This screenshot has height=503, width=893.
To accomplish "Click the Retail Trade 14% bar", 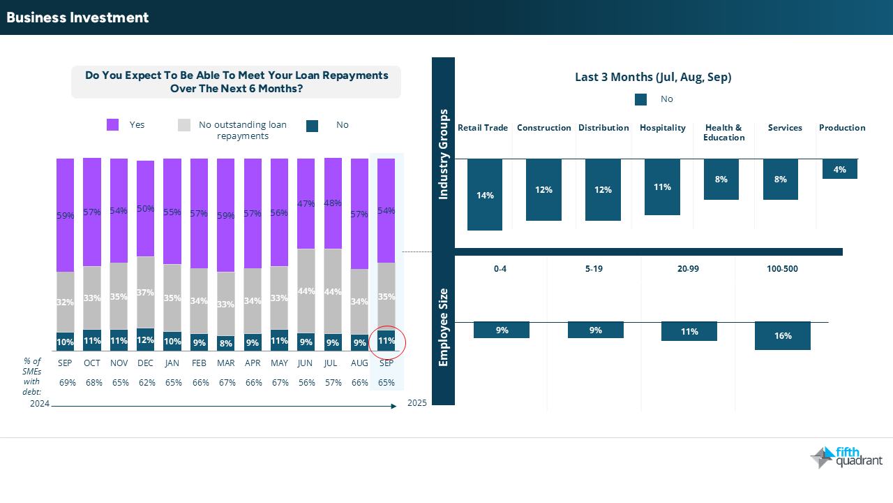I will (x=485, y=195).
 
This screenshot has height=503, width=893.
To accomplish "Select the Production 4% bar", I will (x=839, y=169).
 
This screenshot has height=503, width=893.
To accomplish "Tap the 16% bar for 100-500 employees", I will (x=782, y=336).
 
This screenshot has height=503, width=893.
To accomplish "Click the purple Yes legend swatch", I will (x=113, y=125).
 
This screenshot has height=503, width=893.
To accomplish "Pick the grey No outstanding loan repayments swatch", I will (x=184, y=125).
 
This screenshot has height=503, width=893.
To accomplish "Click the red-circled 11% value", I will (x=387, y=342).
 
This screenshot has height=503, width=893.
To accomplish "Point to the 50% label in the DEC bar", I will (x=146, y=209).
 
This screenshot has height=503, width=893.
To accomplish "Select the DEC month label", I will (x=146, y=363).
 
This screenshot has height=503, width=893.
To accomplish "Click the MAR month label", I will (x=226, y=363).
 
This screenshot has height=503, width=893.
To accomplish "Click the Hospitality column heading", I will (x=662, y=128).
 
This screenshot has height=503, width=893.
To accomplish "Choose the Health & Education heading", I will (x=723, y=132).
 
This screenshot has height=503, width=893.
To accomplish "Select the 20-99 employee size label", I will (x=688, y=268).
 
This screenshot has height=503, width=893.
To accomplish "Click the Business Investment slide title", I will (x=77, y=17).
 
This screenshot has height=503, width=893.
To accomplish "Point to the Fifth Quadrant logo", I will (x=846, y=458).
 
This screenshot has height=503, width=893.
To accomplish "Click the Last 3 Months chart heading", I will (x=652, y=78).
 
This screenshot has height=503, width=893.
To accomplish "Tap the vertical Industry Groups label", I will (x=443, y=154).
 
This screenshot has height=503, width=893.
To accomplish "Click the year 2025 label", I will (x=417, y=403).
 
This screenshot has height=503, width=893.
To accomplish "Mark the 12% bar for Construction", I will (x=543, y=190).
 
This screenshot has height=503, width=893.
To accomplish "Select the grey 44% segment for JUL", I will (x=333, y=291).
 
